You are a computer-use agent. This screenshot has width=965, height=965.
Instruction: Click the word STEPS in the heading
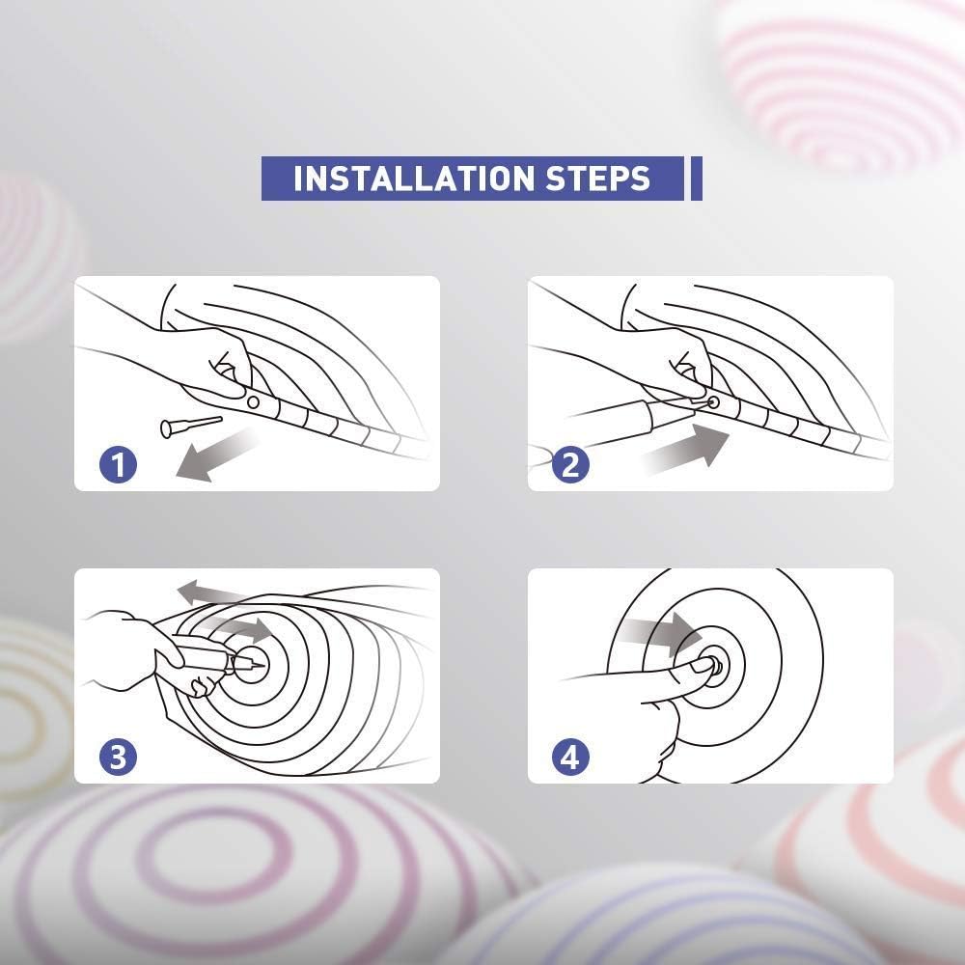click(597, 179)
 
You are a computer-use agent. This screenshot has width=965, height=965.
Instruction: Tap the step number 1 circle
click(118, 464)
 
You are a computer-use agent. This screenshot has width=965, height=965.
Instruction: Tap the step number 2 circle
click(570, 464)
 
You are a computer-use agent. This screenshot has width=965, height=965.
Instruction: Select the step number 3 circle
click(118, 757)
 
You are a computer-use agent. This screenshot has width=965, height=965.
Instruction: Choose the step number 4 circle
click(570, 757)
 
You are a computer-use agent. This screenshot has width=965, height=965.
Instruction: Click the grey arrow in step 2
click(686, 450)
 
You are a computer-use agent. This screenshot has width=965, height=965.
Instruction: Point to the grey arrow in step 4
click(658, 634)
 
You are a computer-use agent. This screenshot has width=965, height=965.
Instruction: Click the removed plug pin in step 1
click(191, 426)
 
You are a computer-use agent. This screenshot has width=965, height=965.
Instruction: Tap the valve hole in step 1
click(253, 402)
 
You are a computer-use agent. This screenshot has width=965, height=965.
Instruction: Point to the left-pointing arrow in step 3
click(212, 593)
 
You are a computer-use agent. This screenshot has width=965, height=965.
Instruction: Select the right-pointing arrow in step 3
click(240, 629)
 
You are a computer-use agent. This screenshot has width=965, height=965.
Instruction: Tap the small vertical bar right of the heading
click(696, 179)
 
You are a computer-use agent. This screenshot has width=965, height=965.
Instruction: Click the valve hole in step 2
click(713, 402)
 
